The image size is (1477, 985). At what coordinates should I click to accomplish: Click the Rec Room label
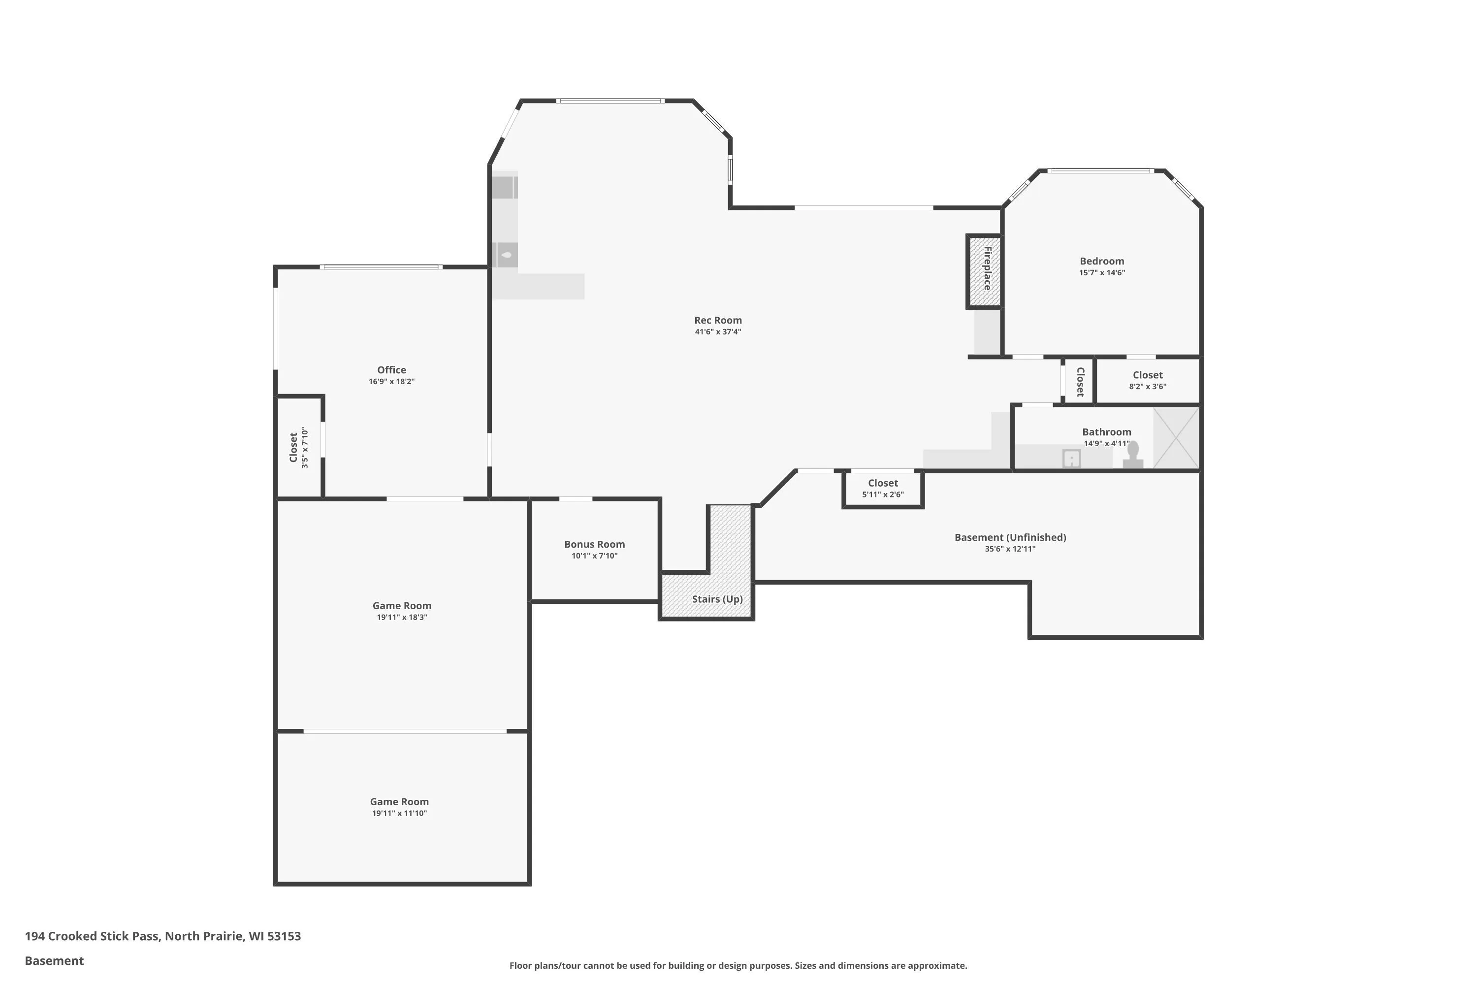(x=718, y=321)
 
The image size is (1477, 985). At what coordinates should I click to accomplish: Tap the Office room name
(x=391, y=370)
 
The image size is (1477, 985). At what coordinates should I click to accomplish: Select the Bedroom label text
(x=1101, y=262)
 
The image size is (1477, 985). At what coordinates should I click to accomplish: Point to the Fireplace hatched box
(x=983, y=271)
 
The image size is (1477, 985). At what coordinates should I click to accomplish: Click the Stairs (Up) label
(x=717, y=599)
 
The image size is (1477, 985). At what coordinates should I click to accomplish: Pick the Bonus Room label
(x=594, y=545)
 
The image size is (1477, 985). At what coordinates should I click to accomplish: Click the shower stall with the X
(x=1176, y=438)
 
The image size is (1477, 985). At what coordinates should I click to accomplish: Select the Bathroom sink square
(x=1071, y=459)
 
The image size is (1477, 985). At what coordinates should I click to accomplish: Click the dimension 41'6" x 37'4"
(x=718, y=331)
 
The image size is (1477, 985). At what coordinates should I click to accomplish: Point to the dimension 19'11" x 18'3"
(x=402, y=618)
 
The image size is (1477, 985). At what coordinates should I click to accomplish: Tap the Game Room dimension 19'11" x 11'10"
(x=399, y=814)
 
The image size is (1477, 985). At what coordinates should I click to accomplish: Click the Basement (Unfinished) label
(x=1010, y=538)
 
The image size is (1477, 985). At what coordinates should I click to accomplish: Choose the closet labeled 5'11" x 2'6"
(x=883, y=488)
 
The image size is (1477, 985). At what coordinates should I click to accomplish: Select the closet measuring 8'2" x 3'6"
(x=1147, y=380)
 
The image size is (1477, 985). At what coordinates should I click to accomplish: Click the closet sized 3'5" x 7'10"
(x=299, y=447)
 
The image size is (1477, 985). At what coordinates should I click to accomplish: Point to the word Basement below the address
(x=54, y=960)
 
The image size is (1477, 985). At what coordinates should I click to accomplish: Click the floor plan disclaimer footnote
(x=738, y=965)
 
